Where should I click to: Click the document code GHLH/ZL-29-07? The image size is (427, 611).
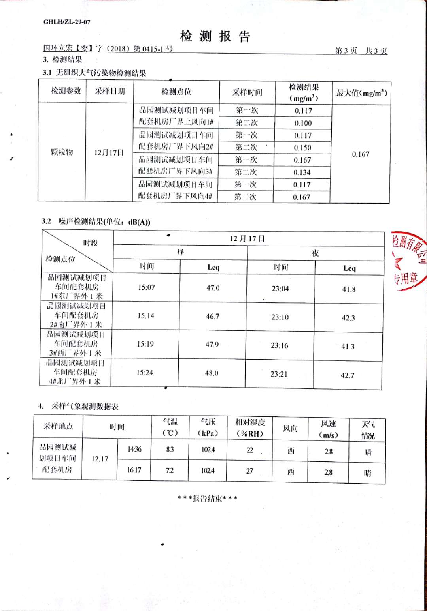[67, 22]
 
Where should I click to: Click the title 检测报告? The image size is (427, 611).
[215, 36]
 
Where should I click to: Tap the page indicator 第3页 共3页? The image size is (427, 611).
[361, 51]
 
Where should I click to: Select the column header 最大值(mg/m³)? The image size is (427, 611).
[361, 93]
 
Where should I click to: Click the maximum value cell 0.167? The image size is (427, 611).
[361, 154]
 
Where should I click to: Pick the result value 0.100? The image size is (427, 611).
[303, 123]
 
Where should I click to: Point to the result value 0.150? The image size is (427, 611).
[302, 148]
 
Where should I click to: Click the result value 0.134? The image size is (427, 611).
[302, 172]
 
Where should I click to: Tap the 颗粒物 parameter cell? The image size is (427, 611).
[62, 152]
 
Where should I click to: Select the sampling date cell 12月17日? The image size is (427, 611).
[109, 152]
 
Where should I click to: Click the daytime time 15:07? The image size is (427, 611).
[146, 287]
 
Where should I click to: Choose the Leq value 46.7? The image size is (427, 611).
[212, 316]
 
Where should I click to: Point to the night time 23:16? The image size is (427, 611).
[280, 345]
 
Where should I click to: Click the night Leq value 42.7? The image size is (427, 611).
[348, 375]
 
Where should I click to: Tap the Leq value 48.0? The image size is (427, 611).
[212, 373]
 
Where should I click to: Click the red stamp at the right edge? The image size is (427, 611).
[409, 261]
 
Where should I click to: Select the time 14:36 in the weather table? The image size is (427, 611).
[134, 449]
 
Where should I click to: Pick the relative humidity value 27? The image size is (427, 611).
[249, 471]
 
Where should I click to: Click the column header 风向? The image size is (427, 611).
[290, 428]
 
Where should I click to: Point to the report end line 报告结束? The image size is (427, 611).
[208, 498]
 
